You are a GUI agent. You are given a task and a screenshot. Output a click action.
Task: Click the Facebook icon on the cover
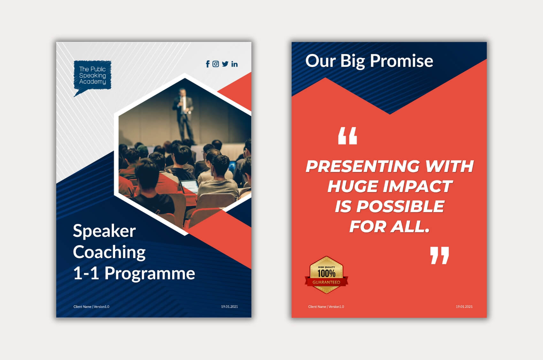point(208,64)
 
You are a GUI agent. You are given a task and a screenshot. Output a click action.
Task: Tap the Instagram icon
point(216,64)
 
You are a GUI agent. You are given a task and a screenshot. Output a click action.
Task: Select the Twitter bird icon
point(225,64)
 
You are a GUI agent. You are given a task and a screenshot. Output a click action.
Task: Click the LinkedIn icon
point(234,64)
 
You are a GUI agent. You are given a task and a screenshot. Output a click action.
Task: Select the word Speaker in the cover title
point(104,231)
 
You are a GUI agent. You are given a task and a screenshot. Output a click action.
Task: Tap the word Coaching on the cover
point(109,252)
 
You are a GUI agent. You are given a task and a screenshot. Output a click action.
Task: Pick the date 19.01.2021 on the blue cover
point(229,307)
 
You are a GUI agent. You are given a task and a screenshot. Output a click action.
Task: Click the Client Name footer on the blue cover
point(91,307)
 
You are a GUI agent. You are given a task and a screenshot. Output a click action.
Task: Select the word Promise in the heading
point(402,61)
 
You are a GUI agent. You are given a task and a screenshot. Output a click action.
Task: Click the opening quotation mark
point(348,136)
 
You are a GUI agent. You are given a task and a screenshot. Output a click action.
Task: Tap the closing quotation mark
point(440,255)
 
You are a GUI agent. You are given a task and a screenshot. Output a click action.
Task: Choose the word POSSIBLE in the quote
point(400,206)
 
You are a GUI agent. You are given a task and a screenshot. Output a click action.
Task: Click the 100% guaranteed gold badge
point(326,275)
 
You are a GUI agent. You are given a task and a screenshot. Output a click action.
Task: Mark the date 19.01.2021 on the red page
point(464,307)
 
